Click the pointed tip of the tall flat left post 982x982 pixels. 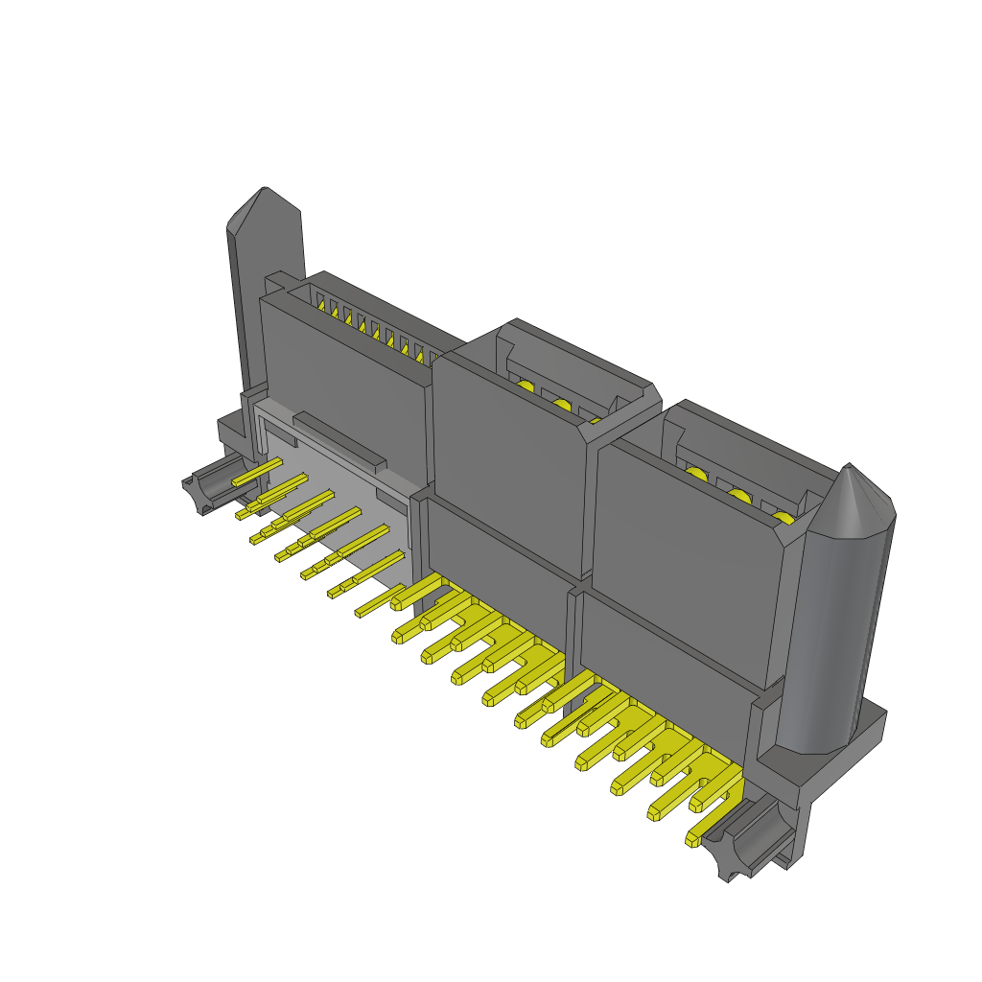[x=265, y=193]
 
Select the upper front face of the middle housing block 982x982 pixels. [x=508, y=460]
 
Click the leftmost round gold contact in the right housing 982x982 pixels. [x=694, y=474]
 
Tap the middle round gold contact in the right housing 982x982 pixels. [x=738, y=496]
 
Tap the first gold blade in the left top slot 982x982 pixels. [x=322, y=307]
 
